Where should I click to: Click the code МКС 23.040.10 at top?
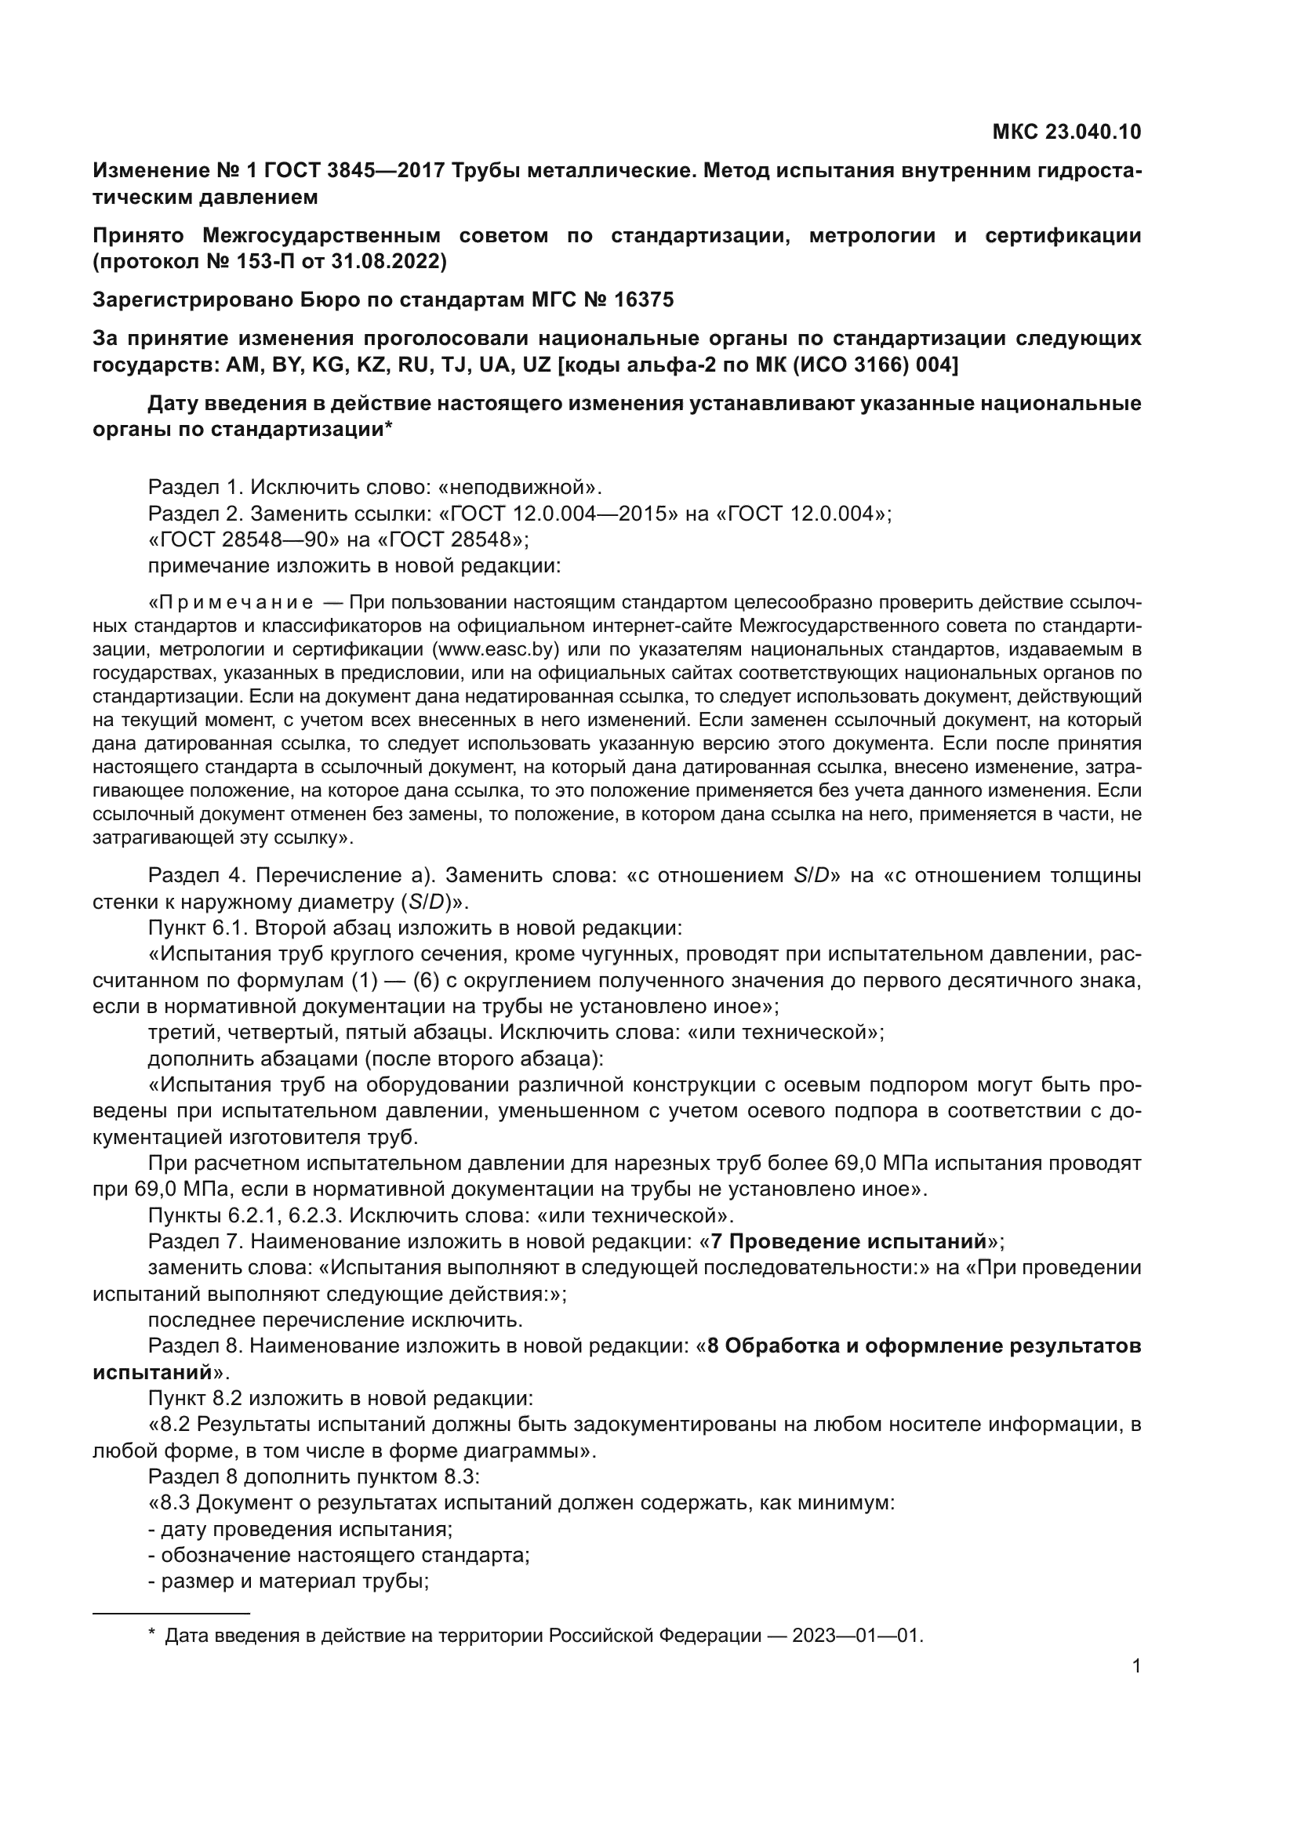tap(1066, 133)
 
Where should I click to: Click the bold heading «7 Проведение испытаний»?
tap(848, 1241)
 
